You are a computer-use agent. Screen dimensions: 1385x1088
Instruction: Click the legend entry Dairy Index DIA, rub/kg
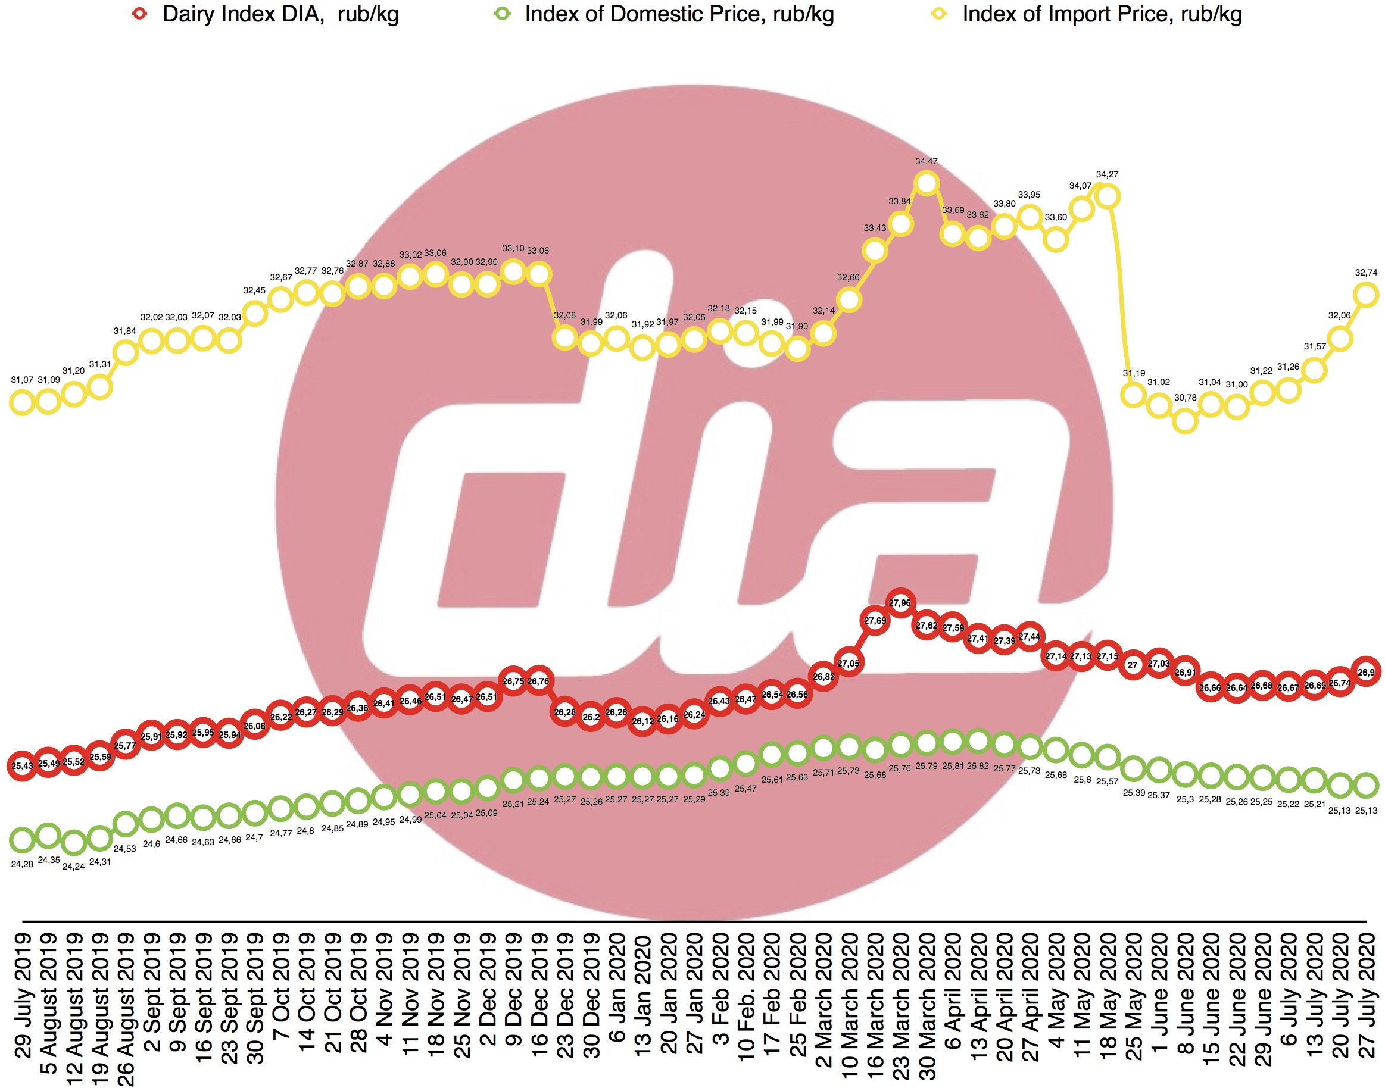point(265,14)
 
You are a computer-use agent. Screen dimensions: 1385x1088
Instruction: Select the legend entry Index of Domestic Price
point(663,14)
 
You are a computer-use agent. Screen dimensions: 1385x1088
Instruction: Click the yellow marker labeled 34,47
point(926,184)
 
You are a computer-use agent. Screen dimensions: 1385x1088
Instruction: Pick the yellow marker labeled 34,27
point(1108,196)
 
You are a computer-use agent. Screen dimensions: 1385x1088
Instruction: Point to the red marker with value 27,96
point(900,602)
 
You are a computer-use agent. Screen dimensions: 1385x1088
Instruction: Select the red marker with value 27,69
point(875,620)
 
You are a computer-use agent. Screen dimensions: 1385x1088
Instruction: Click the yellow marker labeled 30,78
point(1185,420)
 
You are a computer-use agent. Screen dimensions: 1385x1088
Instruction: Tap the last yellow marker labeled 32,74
point(1365,294)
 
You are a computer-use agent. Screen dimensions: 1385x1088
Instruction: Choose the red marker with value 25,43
point(22,765)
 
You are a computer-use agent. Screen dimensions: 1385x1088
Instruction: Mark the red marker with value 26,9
point(1366,672)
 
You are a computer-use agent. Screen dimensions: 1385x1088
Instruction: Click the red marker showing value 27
point(1133,665)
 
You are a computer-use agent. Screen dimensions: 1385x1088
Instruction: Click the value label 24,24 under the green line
point(73,867)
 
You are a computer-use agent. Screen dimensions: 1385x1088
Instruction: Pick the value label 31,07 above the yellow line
point(21,380)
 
